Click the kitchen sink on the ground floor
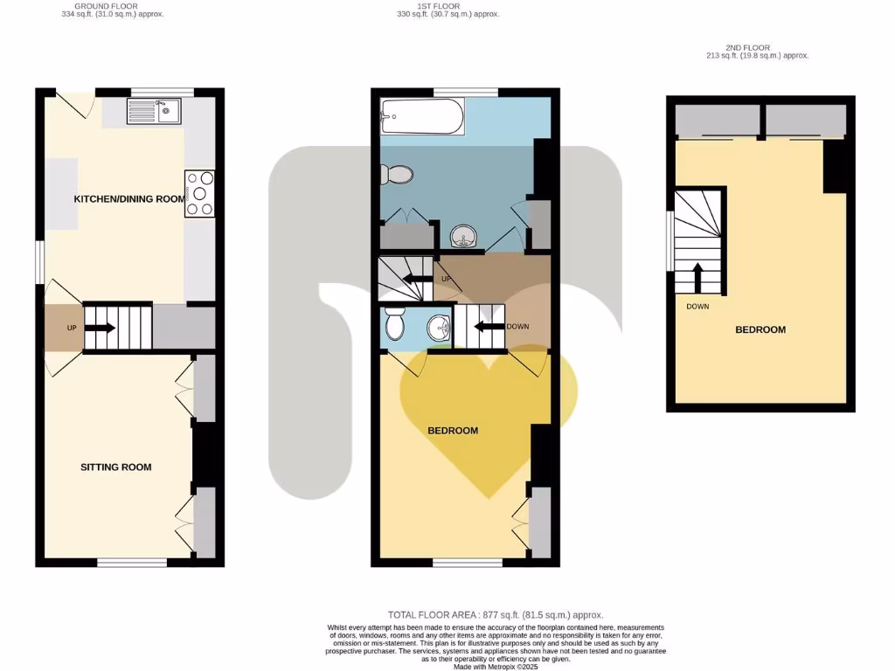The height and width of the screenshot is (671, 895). pos(154,111)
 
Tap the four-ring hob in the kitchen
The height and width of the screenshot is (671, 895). pos(199,193)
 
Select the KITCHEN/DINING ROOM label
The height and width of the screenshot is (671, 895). pos(129,199)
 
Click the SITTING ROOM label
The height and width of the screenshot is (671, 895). pos(115,467)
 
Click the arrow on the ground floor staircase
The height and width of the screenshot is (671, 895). pos(101,329)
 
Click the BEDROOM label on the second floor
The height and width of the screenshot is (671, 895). pos(760,330)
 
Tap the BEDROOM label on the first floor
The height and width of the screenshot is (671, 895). pos(452,431)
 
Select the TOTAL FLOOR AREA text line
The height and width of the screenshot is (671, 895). pos(496,615)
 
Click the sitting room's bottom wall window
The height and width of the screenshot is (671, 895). pos(131,563)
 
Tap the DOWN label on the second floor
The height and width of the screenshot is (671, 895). pos(697,307)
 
